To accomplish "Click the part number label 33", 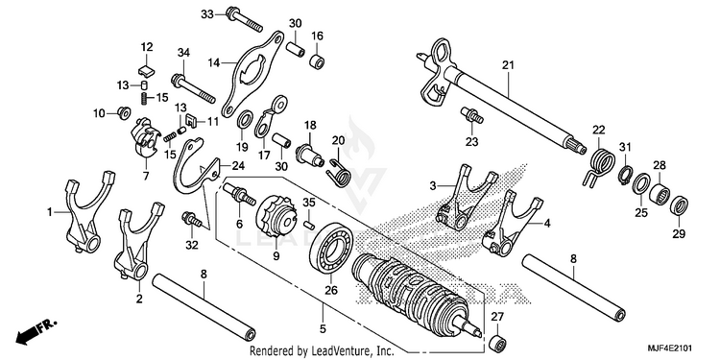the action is coord(207,14).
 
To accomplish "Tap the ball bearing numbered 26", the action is coord(331,251).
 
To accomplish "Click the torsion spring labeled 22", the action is coord(602,163).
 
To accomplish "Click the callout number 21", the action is coord(507,66).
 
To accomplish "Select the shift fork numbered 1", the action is coord(87,210).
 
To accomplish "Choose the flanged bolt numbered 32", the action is coord(192,220).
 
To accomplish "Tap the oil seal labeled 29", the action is coord(679,204).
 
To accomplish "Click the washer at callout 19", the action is coord(244,121).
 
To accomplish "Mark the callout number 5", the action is coord(323,328).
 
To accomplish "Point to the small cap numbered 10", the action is coord(123,112).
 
